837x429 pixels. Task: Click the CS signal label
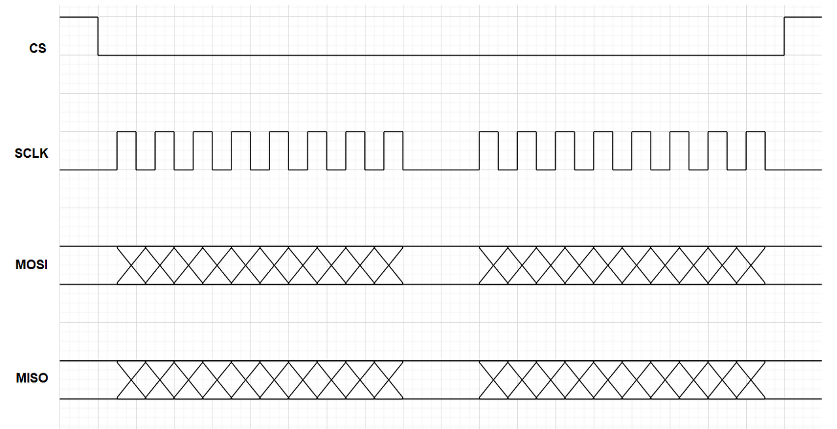[x=38, y=48]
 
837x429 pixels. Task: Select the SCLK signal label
[x=31, y=154]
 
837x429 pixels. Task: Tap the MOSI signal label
[x=31, y=265]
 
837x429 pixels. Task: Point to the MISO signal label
[x=31, y=379]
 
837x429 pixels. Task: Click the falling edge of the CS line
[x=98, y=36]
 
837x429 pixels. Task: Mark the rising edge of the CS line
[x=784, y=36]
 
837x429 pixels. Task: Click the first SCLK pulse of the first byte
[x=127, y=151]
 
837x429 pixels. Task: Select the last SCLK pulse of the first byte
[x=394, y=151]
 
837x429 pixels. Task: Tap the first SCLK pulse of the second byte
[x=488, y=151]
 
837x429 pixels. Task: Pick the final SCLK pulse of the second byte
[x=755, y=151]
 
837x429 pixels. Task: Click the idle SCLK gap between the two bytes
[x=441, y=169]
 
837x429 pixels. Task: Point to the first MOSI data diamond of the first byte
[x=131, y=265]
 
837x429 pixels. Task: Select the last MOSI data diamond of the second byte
[x=751, y=265]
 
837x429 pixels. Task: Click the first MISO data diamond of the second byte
[x=494, y=380]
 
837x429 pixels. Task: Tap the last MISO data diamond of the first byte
[x=388, y=380]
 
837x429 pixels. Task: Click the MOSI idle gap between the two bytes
[x=441, y=265]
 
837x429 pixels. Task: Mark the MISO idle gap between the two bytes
[x=441, y=380]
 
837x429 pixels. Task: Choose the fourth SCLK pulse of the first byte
[x=241, y=151]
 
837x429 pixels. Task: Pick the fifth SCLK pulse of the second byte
[x=641, y=151]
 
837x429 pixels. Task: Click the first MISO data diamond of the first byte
[x=131, y=380]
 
